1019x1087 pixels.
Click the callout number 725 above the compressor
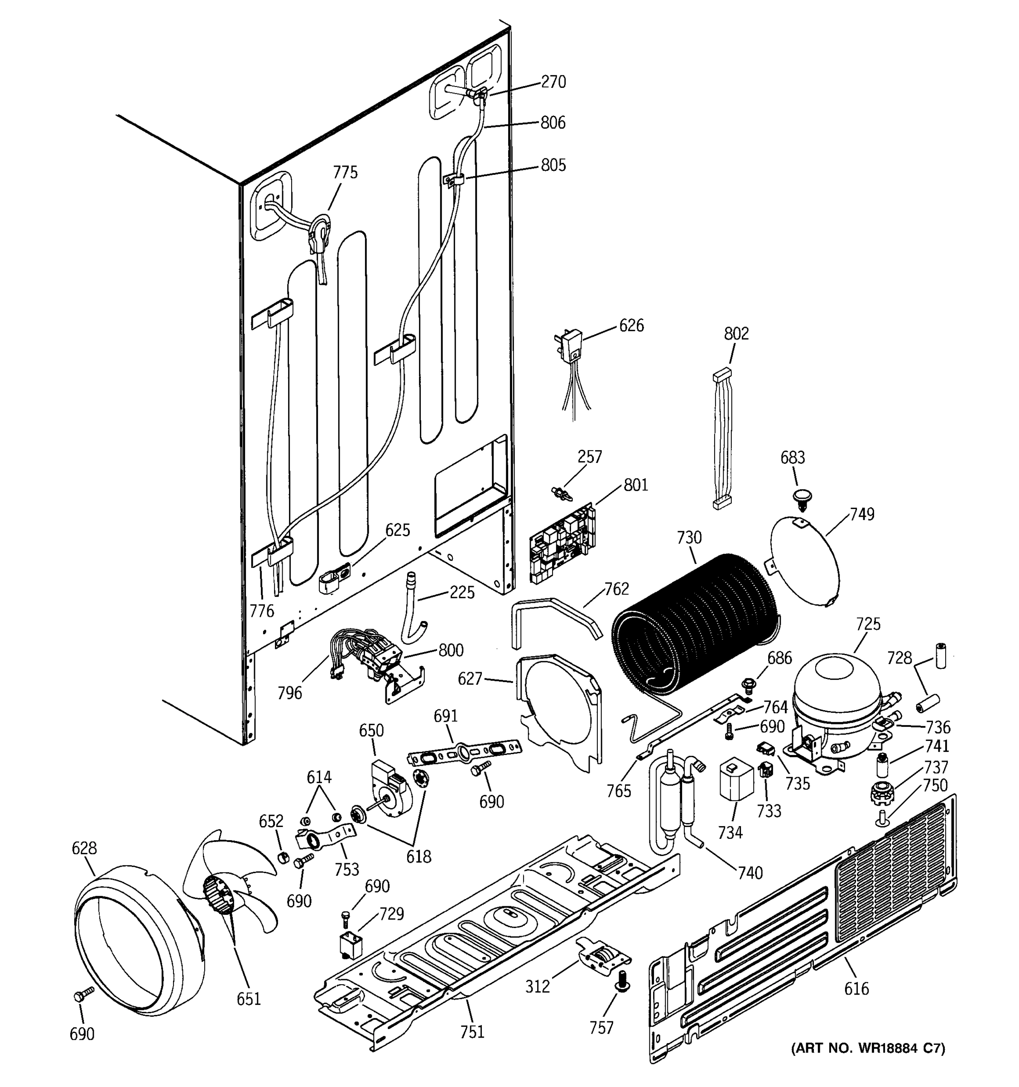pyautogui.click(x=868, y=624)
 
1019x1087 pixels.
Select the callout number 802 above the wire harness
pyautogui.click(x=736, y=333)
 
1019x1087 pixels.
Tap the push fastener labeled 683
pyautogui.click(x=802, y=497)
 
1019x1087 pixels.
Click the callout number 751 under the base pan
pyautogui.click(x=472, y=1031)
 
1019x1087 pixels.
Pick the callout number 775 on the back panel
pyautogui.click(x=345, y=173)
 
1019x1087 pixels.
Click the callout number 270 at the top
pyautogui.click(x=553, y=82)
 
